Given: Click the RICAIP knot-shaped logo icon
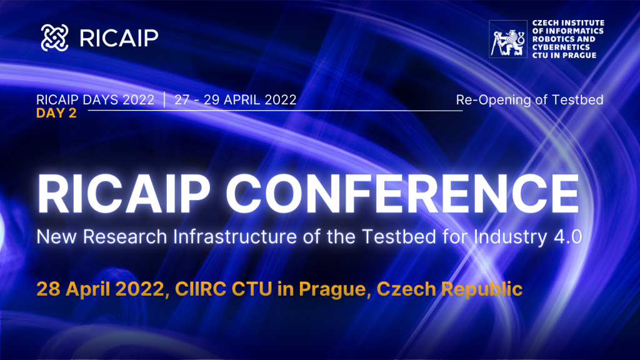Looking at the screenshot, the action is coord(55,37).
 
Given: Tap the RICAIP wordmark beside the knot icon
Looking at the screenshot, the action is coord(119,38).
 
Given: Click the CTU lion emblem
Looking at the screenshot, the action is coord(507,39).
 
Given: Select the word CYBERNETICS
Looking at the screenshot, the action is coord(561,47).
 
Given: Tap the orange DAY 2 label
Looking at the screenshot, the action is coord(56,113).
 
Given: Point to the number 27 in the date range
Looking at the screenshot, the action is coord(182,100).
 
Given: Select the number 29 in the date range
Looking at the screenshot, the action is coord(211,100).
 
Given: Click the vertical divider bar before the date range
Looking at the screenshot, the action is coord(164,100).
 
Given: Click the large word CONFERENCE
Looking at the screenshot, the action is coord(402,194).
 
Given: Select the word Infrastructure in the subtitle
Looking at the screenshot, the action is coord(234,237).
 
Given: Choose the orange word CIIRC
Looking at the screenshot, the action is coord(201,289).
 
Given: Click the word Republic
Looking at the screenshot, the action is coord(482,289).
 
